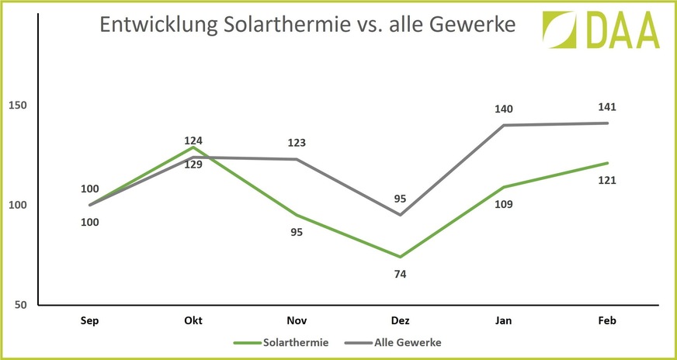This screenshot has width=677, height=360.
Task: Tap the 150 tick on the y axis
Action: (16, 106)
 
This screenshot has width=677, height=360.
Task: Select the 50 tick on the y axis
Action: (19, 305)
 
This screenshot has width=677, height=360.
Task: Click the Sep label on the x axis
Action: (91, 320)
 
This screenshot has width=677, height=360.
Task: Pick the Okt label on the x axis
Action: (193, 320)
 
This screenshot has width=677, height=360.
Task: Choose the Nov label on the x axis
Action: (296, 320)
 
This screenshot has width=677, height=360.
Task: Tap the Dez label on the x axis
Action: (400, 320)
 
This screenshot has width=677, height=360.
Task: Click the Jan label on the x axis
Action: (503, 320)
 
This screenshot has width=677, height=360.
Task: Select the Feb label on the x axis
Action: (608, 320)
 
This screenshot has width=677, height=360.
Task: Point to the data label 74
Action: (400, 274)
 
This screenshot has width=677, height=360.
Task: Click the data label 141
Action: (606, 107)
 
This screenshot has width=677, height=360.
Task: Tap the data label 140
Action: (504, 109)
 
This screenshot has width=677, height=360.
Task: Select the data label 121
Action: (606, 180)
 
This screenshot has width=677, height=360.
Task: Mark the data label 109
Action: (504, 204)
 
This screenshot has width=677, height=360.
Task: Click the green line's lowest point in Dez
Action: (400, 257)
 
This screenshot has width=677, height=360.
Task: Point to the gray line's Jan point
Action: (503, 125)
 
